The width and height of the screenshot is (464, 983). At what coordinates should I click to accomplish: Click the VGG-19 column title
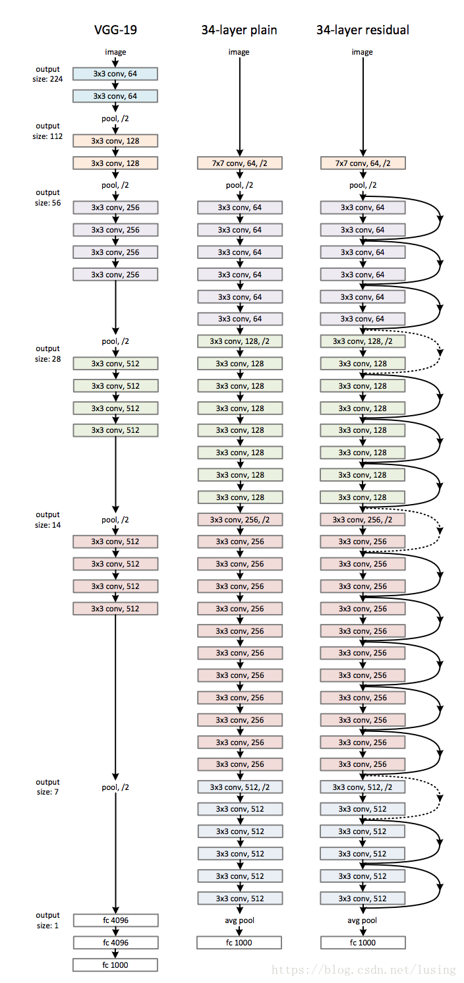point(115,30)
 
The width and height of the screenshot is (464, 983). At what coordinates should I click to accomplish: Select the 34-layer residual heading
point(362,30)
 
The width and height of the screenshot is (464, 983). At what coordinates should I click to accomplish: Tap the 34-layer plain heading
point(239,30)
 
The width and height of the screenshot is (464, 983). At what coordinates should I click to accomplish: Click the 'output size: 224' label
point(47,74)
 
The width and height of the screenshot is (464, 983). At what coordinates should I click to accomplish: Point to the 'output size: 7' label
point(47,787)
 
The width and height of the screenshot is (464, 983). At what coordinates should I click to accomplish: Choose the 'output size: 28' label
point(47,353)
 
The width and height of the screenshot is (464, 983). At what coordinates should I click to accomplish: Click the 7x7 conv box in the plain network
point(240,163)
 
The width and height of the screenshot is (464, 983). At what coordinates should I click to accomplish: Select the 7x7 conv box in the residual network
point(363,163)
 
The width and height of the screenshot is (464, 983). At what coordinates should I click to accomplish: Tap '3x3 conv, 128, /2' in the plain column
point(240,341)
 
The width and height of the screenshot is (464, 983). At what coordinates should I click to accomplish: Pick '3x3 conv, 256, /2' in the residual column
point(363,519)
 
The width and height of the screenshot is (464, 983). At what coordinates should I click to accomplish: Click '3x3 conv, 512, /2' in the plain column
point(240,787)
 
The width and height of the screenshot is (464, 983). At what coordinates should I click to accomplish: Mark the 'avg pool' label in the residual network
point(362,920)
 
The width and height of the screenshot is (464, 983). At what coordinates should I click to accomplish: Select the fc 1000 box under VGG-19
point(115,965)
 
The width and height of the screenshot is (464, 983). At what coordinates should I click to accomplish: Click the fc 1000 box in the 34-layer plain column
point(240,942)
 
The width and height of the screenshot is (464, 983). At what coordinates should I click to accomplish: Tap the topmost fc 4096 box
point(115,920)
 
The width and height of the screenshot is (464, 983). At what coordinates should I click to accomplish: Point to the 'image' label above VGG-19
point(115,52)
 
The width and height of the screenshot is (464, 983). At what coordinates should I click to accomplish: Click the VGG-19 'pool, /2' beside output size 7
point(115,787)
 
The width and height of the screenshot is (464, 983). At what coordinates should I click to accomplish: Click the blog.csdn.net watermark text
point(364,970)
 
